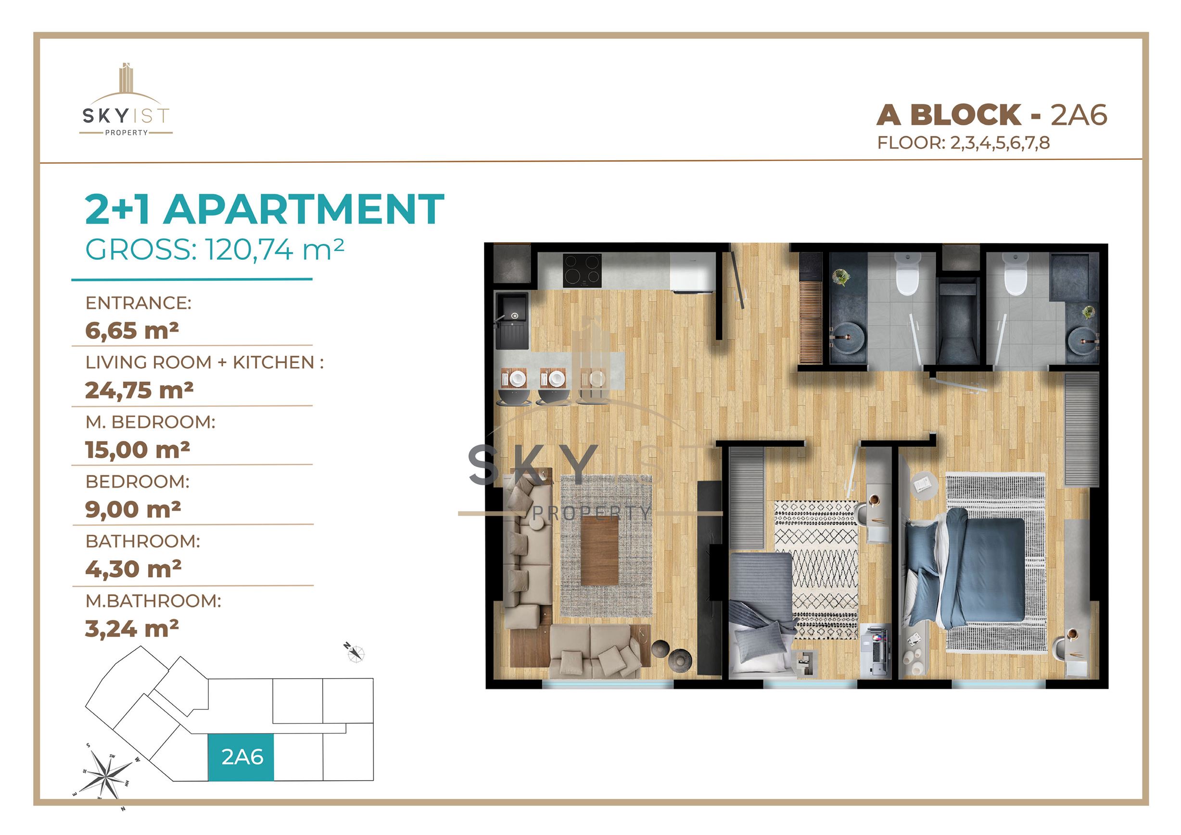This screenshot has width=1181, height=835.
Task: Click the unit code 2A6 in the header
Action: [x=1079, y=114]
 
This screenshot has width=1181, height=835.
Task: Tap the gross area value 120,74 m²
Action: [x=275, y=250]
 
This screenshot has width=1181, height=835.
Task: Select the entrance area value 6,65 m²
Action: [x=132, y=330]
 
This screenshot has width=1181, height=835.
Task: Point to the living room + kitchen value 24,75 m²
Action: [x=139, y=390]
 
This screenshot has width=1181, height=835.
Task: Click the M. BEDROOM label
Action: [x=151, y=422]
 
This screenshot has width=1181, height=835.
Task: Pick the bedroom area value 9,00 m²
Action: [x=133, y=509]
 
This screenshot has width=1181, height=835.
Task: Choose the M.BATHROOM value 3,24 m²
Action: [x=132, y=628]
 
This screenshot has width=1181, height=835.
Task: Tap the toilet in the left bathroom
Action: [x=908, y=277]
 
